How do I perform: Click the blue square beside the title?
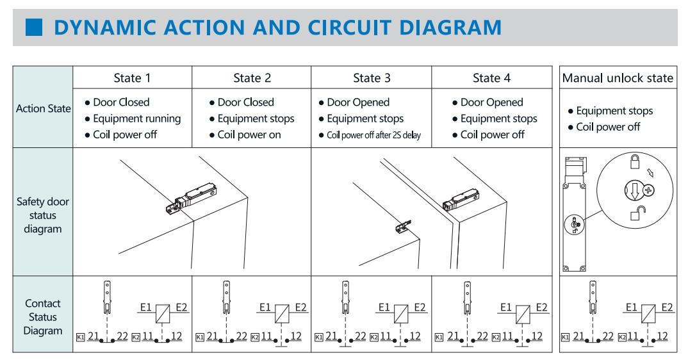(33, 28)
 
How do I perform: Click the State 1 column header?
(132, 78)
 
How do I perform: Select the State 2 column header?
(252, 78)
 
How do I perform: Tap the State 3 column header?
(372, 78)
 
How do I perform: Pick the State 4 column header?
(491, 78)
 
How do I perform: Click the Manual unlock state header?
(618, 78)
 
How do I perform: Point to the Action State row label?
(43, 108)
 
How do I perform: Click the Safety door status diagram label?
(43, 215)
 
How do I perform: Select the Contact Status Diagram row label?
(43, 317)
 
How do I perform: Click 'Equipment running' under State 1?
(136, 119)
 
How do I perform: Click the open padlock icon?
(637, 213)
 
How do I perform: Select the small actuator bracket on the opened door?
(402, 225)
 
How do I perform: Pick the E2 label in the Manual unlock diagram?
(668, 307)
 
